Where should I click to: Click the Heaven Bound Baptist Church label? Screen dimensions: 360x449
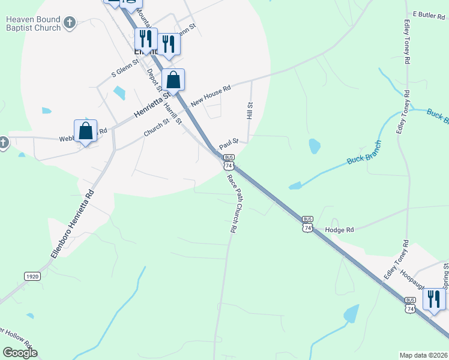click(x=33, y=23)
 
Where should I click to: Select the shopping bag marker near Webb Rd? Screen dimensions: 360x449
click(x=86, y=131)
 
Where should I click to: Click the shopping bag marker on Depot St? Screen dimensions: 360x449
click(x=173, y=79)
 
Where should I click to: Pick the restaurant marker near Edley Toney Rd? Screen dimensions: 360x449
click(x=434, y=299)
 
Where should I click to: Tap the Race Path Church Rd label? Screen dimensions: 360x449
click(x=233, y=203)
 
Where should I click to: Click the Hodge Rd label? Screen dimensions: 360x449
click(x=339, y=229)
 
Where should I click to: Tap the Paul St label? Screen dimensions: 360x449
click(x=229, y=144)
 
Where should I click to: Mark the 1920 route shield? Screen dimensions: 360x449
click(x=32, y=276)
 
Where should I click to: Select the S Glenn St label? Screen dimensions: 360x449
click(x=125, y=68)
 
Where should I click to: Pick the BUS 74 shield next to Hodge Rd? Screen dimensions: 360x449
click(x=307, y=224)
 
